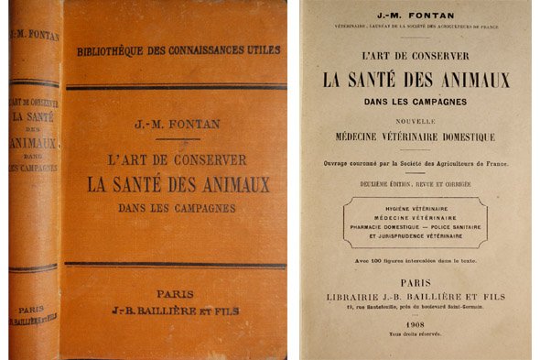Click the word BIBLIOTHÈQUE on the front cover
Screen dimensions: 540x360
(116, 49)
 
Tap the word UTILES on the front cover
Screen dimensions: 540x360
(260, 49)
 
